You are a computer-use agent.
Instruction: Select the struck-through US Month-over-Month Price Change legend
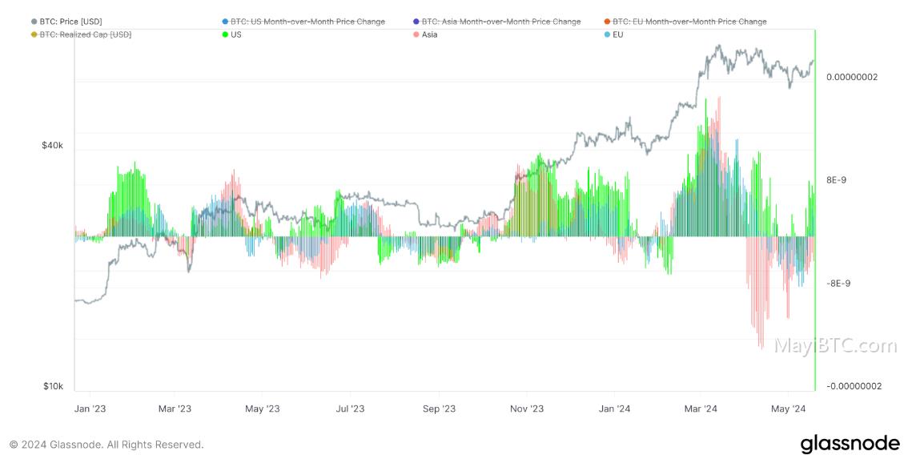click(x=303, y=22)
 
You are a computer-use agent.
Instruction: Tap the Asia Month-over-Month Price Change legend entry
click(x=496, y=22)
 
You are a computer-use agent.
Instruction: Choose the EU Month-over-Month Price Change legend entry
click(x=685, y=22)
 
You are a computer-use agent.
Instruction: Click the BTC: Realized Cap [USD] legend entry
click(x=81, y=34)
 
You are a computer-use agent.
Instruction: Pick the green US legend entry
click(x=231, y=34)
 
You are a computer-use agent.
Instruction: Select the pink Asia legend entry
click(x=424, y=34)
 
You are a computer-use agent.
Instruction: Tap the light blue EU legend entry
click(x=613, y=34)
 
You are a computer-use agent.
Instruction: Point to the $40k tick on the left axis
click(x=52, y=145)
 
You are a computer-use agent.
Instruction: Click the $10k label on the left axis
click(x=53, y=386)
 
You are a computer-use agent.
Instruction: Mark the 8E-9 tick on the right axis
click(x=836, y=180)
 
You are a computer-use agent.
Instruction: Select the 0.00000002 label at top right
click(x=852, y=77)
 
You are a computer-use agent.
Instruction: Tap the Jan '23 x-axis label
click(x=90, y=409)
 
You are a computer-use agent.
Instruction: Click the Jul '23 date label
click(x=350, y=409)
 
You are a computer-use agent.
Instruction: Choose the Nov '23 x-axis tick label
click(x=527, y=409)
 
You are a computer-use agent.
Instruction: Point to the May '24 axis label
click(x=788, y=409)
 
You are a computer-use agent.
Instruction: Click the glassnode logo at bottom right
click(x=850, y=444)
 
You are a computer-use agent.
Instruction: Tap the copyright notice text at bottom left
click(x=106, y=445)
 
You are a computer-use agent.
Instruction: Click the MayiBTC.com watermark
click(x=835, y=345)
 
